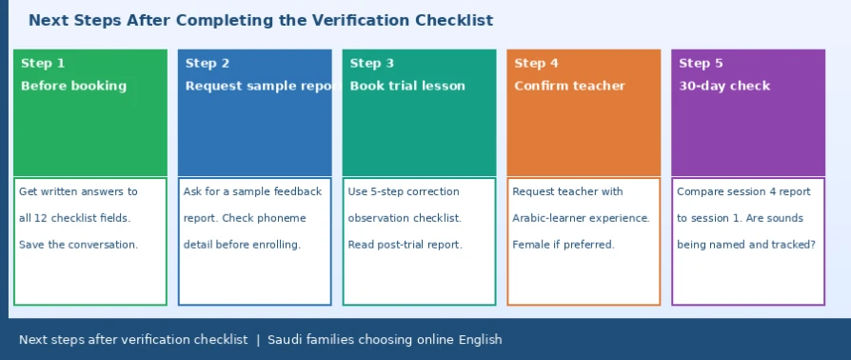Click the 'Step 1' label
[43, 64]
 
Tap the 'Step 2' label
[208, 64]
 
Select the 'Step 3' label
[372, 64]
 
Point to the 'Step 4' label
[536, 64]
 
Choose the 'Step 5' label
[701, 64]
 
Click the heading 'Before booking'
[74, 86]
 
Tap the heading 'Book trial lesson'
[407, 86]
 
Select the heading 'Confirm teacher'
[570, 86]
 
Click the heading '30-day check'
[724, 86]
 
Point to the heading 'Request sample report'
[264, 86]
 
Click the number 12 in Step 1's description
[40, 218]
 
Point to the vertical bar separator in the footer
[258, 340]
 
